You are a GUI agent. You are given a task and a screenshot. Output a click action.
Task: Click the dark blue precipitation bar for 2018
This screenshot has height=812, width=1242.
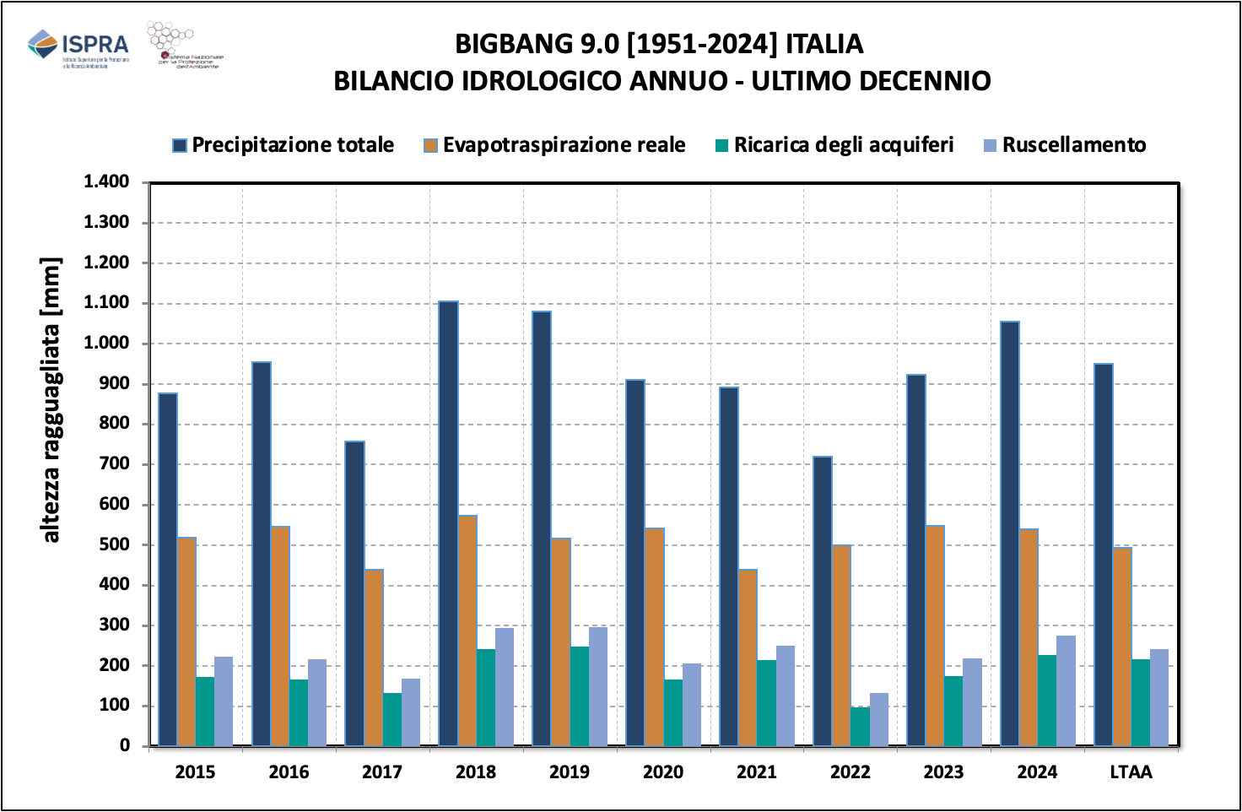pos(449,523)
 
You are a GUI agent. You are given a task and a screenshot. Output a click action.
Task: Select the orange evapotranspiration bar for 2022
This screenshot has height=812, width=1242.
pos(841,646)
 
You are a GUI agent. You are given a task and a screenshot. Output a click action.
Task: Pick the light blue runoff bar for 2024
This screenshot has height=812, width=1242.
pos(1066,691)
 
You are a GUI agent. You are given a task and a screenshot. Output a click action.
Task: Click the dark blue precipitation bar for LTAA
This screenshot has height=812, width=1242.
pos(1104,555)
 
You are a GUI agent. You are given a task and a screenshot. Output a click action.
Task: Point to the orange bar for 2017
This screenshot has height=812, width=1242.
pos(374,658)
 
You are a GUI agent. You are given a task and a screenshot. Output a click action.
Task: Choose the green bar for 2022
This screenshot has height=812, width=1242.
pos(860,727)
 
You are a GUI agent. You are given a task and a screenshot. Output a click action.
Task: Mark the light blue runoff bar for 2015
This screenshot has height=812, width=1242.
pos(224,701)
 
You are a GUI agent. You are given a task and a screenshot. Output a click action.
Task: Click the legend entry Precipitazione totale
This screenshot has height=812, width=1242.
pos(283,145)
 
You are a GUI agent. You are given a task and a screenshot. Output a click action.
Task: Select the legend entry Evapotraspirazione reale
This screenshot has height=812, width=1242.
pos(554,145)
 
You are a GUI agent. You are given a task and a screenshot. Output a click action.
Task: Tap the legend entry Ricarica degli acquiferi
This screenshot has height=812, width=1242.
pos(834,145)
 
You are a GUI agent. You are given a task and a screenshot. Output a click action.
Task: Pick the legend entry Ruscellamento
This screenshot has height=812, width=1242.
pos(1065,145)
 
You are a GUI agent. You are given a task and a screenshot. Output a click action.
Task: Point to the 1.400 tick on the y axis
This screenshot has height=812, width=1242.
pos(106,181)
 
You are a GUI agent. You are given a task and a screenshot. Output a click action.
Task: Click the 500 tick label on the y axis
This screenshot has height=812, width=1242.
pos(115,544)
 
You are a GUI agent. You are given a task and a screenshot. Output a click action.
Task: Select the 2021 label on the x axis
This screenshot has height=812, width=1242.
pos(757,771)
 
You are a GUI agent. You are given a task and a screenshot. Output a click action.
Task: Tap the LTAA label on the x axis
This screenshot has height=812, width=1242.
pos(1131,771)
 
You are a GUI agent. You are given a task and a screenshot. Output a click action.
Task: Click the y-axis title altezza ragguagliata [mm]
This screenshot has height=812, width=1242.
pos(51,400)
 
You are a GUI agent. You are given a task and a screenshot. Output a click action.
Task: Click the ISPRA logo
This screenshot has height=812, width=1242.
pos(78,46)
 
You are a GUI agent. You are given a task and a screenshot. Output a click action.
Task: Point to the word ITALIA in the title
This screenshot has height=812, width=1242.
pos(824,44)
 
